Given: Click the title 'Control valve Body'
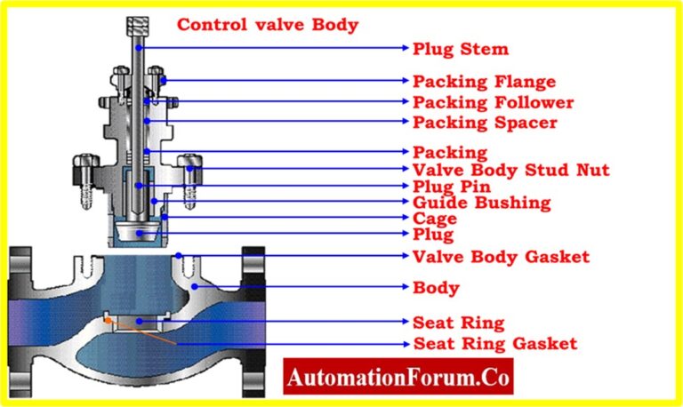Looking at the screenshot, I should tap(268, 25).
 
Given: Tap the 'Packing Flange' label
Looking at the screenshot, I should tap(484, 81).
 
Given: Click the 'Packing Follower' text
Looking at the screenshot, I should tap(493, 102).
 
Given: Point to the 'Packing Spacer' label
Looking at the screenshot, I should tap(485, 122).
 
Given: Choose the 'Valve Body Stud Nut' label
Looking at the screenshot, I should tap(511, 170).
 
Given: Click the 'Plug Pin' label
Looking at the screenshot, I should tap(452, 187).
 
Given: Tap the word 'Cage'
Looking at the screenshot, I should tap(435, 219).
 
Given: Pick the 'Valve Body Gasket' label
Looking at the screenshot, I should tap(502, 257).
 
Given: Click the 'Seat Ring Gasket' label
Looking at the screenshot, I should tap(495, 343).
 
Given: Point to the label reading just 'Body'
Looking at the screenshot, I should tap(436, 288).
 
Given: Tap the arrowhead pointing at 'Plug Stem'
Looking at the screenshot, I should tap(403, 47).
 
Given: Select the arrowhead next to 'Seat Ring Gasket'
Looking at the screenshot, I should tap(403, 343).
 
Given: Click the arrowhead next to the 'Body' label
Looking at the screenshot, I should tap(403, 288).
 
